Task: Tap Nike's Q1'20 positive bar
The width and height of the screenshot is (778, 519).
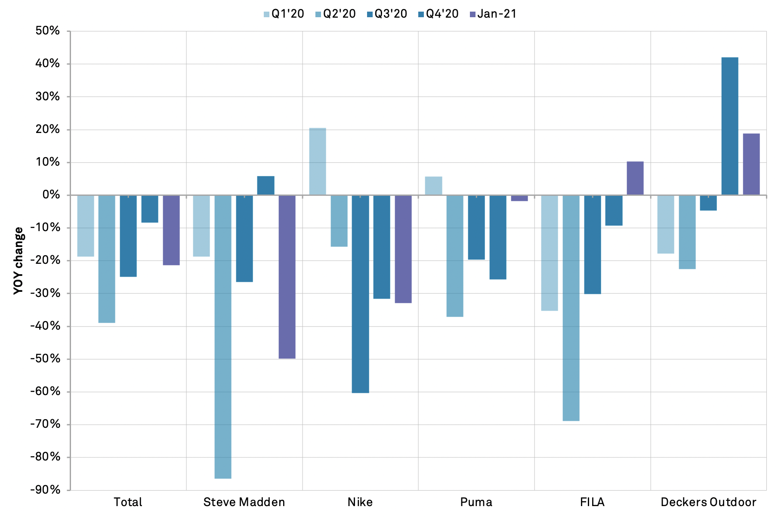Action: click(318, 161)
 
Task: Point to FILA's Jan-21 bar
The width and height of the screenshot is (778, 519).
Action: click(635, 178)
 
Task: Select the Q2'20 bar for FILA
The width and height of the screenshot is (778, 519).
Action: click(571, 308)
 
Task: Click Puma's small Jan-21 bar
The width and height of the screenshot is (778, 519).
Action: click(519, 198)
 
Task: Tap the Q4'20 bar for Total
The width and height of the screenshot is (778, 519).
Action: click(150, 209)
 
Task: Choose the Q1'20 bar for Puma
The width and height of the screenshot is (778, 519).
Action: click(433, 185)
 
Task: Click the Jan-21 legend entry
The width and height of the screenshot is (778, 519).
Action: click(493, 14)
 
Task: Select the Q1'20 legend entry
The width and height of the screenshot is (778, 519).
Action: click(284, 14)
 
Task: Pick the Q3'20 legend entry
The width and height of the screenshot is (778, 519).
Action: click(387, 14)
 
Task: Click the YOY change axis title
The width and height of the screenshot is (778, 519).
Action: click(18, 260)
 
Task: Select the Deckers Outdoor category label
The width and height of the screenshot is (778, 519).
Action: click(708, 502)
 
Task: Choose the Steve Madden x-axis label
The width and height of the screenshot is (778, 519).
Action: click(244, 502)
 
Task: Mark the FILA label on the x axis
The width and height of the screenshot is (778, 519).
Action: click(592, 502)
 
